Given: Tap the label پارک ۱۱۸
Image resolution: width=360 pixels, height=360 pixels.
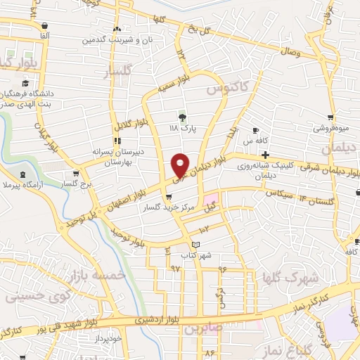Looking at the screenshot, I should tap(184, 129).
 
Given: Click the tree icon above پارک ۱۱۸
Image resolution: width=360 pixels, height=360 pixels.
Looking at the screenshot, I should tap(184, 116).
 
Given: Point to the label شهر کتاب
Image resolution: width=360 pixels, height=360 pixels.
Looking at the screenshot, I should tap(195, 255).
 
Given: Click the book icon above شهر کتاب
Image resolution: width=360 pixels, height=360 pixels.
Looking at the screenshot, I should tap(195, 244).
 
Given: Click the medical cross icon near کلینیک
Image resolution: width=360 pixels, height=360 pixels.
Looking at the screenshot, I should tap(265, 155).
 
